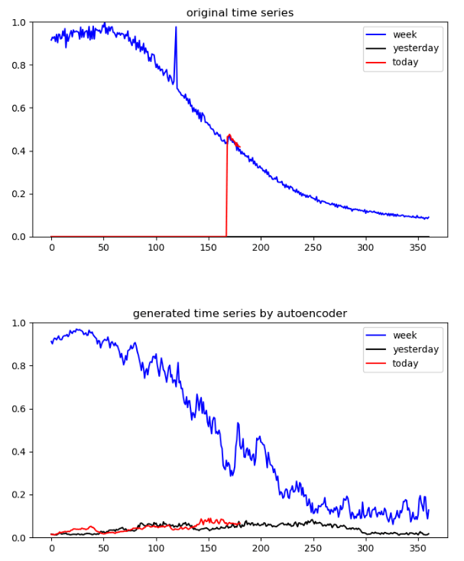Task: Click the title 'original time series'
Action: pyautogui.click(x=240, y=12)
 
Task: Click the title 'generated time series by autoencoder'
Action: pyautogui.click(x=240, y=313)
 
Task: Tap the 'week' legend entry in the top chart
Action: pyautogui.click(x=405, y=34)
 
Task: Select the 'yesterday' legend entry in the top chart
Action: pyautogui.click(x=416, y=48)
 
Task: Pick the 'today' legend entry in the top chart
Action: pyautogui.click(x=406, y=62)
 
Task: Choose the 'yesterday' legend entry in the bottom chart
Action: pyautogui.click(x=416, y=349)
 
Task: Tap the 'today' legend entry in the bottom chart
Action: pyautogui.click(x=406, y=363)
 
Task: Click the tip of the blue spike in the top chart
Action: pyautogui.click(x=176, y=28)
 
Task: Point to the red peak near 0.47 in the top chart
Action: pyautogui.click(x=229, y=135)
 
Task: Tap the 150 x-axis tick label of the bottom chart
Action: pyautogui.click(x=208, y=550)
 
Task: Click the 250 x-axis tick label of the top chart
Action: pyautogui.click(x=313, y=249)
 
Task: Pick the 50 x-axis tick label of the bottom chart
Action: pyautogui.click(x=104, y=550)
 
